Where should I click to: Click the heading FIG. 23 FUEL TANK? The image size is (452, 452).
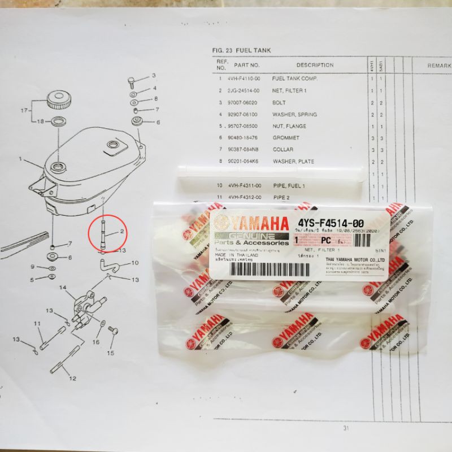coord(242,50)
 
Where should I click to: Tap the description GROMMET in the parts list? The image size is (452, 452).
coord(287,138)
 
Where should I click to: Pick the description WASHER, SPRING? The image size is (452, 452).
coord(294,115)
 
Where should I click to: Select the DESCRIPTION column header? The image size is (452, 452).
coord(315,66)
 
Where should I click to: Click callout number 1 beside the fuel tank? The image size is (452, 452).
coord(20,160)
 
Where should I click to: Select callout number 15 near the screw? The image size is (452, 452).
coord(111,353)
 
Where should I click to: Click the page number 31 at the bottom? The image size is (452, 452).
coord(345,428)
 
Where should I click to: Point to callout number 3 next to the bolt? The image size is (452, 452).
coord(153,75)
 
